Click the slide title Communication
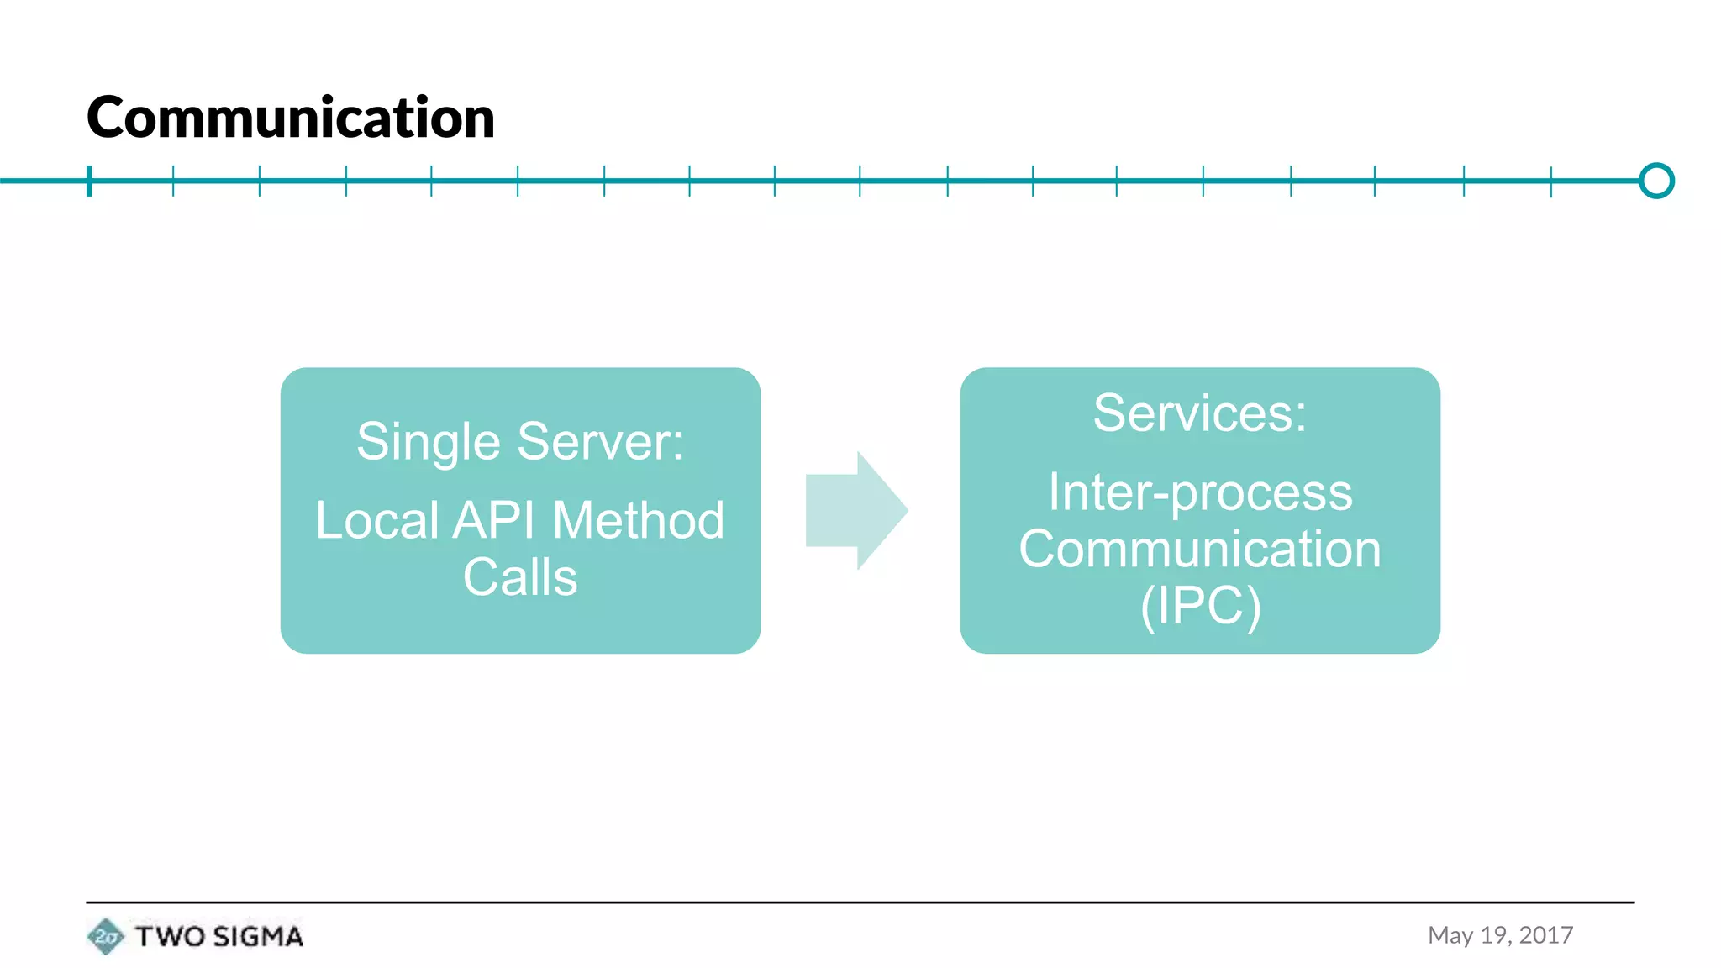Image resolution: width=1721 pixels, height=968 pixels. (290, 118)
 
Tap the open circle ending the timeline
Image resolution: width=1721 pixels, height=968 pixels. (1656, 181)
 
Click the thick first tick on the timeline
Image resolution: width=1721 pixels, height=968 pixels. (89, 181)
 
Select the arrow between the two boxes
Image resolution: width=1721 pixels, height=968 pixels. (855, 510)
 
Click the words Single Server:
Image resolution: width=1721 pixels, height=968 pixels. (520, 442)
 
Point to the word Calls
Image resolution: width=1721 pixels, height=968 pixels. (520, 577)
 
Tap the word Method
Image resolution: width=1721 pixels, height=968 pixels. (638, 520)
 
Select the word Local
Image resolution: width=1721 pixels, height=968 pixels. (377, 520)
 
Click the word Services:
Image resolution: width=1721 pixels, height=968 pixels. (1200, 413)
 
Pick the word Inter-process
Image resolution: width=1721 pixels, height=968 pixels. (1200, 492)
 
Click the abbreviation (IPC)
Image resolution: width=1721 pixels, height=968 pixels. (1200, 606)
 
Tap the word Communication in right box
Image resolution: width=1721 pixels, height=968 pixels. (1200, 549)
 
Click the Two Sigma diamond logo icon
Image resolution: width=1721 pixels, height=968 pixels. (105, 936)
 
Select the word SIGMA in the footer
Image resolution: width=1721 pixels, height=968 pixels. (257, 936)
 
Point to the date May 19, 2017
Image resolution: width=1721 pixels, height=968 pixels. (1500, 935)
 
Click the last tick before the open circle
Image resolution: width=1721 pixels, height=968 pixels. (1551, 181)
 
